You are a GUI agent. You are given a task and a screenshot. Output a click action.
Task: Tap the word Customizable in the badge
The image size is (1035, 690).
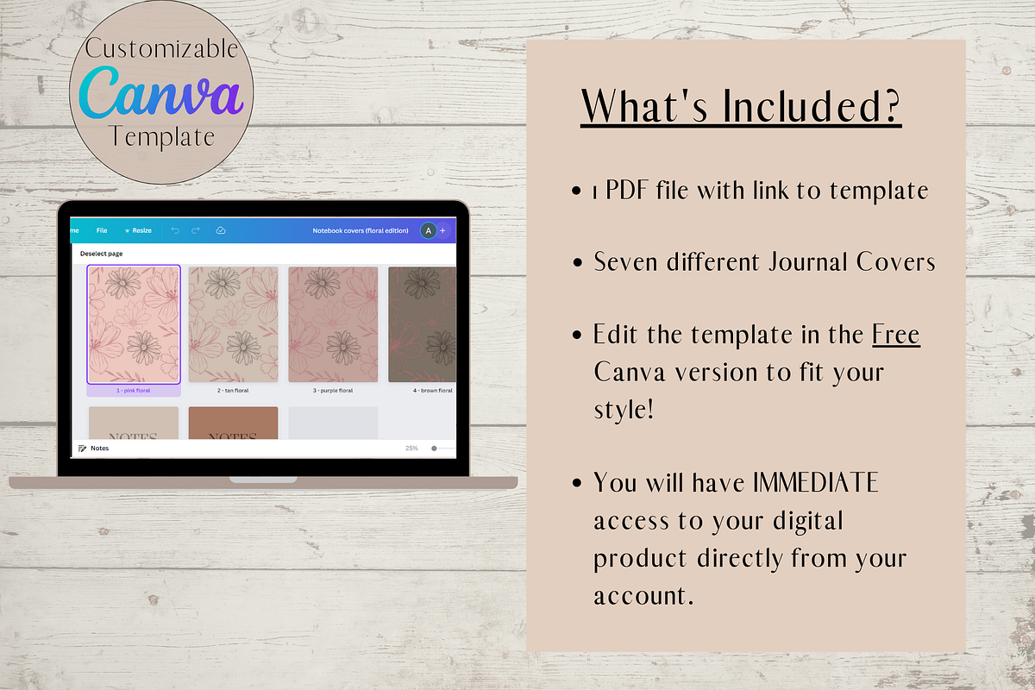click(x=160, y=48)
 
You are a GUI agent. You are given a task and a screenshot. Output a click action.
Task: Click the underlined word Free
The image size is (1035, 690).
click(x=895, y=334)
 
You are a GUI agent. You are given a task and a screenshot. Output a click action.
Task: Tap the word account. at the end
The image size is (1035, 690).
click(x=643, y=596)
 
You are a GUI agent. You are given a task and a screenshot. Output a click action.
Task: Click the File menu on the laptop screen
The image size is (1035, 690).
click(x=102, y=230)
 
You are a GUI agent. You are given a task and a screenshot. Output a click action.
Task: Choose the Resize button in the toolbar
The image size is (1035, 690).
click(x=138, y=230)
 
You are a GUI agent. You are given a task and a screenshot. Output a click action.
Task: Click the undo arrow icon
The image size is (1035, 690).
click(x=175, y=230)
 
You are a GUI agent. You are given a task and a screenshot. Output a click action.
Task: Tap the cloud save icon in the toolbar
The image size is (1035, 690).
click(x=220, y=230)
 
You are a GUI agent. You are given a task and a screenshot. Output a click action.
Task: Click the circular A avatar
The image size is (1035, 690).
click(x=428, y=230)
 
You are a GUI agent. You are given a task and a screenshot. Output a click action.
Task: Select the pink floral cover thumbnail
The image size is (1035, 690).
click(x=134, y=324)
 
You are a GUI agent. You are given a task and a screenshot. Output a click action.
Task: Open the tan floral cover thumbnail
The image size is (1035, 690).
click(x=233, y=324)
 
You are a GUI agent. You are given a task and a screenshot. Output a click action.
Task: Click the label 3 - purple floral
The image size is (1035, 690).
click(x=333, y=391)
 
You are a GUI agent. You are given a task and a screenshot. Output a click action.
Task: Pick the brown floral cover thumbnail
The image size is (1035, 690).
click(x=422, y=324)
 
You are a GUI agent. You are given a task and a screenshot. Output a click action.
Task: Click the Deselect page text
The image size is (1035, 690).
click(x=103, y=254)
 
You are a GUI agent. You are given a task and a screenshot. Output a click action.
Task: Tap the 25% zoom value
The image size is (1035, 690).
click(x=412, y=448)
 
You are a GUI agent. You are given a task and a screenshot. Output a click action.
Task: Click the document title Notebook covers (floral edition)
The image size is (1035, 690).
click(x=362, y=230)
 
